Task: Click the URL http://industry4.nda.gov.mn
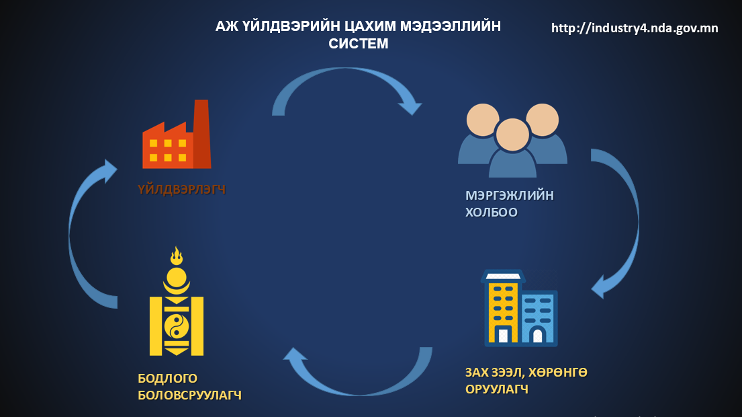coord(635,28)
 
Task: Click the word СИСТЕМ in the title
coord(358,44)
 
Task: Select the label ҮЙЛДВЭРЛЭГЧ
coord(181,190)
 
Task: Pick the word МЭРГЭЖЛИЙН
coord(510,196)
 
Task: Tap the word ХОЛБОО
coord(492,213)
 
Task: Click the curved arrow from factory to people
coord(342,81)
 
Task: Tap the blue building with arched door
coord(539,319)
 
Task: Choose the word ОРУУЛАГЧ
coord(496,389)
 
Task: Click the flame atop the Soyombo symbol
coord(177,256)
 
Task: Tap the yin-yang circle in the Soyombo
coord(177,326)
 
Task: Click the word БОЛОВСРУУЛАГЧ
coord(189,395)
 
